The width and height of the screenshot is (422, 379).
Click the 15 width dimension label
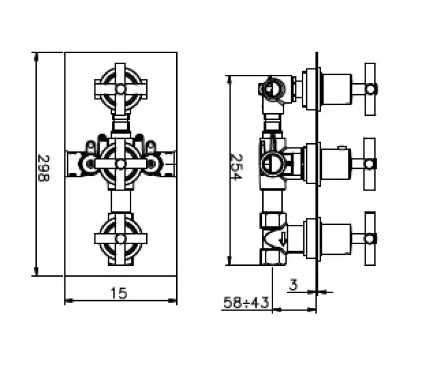click(120, 293)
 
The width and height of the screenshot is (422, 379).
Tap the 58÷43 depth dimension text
click(246, 303)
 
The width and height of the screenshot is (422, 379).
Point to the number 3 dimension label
click(294, 285)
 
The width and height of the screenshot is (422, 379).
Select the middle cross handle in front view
click(120, 163)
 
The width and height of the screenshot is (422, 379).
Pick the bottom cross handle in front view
click(120, 238)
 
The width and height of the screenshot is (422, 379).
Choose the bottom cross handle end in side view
click(370, 237)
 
